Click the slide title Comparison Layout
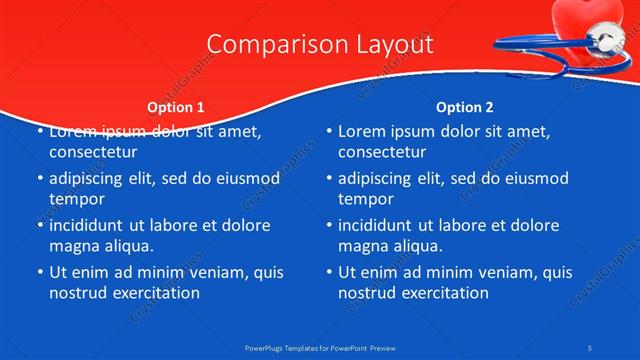coord(320,45)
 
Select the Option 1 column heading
coord(176,106)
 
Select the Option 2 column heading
coord(465,106)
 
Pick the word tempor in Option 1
coord(76,199)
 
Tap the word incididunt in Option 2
coord(382,225)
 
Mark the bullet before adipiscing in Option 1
coord(39,179)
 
